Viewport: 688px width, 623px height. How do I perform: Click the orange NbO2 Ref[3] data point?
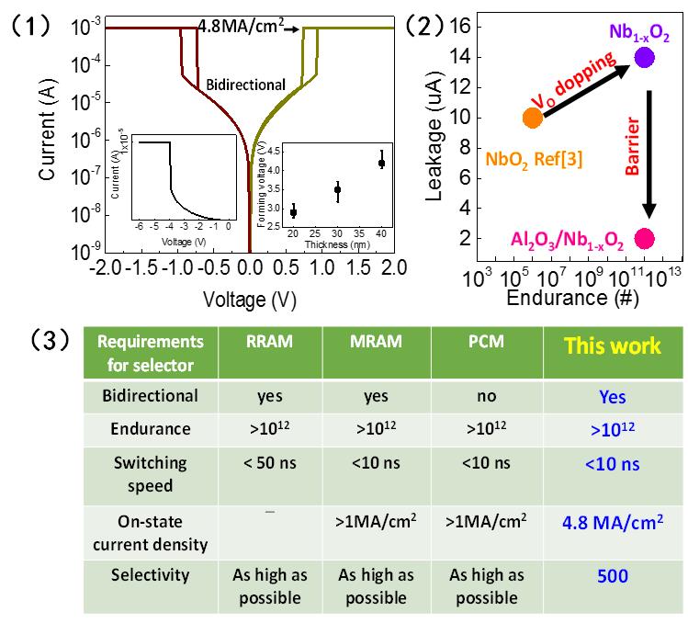(x=530, y=118)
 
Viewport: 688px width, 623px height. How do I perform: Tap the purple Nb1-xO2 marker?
(x=644, y=58)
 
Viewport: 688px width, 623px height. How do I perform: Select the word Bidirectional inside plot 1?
(x=245, y=85)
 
